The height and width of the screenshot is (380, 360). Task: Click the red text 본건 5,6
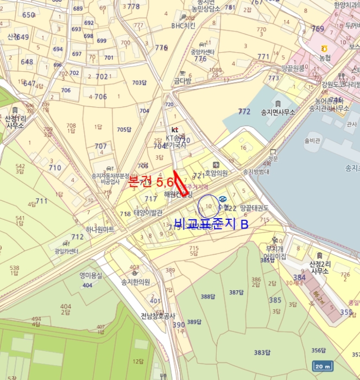point(150,182)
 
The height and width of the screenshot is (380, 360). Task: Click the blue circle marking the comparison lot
point(209,206)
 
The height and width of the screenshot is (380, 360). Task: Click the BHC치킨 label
point(183,26)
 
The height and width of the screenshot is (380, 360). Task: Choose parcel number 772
point(244,111)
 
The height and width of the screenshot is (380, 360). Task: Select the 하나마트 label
point(100,230)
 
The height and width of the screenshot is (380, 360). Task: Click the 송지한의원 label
point(135,282)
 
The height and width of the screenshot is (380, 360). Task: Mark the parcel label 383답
point(262,352)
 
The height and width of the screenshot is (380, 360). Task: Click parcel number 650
point(28,15)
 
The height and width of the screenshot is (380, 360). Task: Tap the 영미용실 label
point(91,275)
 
